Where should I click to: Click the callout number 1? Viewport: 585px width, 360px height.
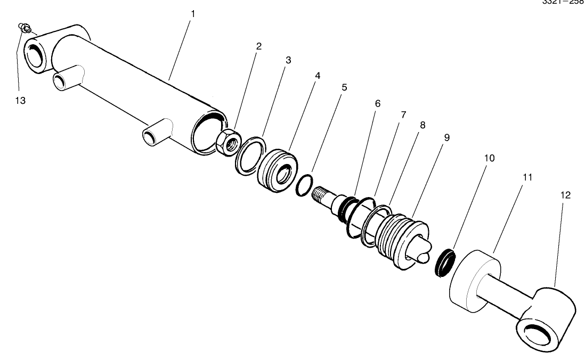[x=193, y=13]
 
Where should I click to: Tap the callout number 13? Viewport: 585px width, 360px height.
[x=20, y=101]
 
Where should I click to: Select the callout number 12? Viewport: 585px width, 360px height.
[x=565, y=195]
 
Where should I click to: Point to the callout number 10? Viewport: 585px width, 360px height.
[x=489, y=158]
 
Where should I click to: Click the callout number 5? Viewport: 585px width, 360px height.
[x=344, y=87]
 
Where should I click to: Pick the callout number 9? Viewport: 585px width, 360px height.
[x=446, y=137]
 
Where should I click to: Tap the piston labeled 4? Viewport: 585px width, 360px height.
[x=277, y=171]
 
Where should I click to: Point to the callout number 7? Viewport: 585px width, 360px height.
[x=403, y=114]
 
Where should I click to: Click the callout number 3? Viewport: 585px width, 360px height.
[x=288, y=60]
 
